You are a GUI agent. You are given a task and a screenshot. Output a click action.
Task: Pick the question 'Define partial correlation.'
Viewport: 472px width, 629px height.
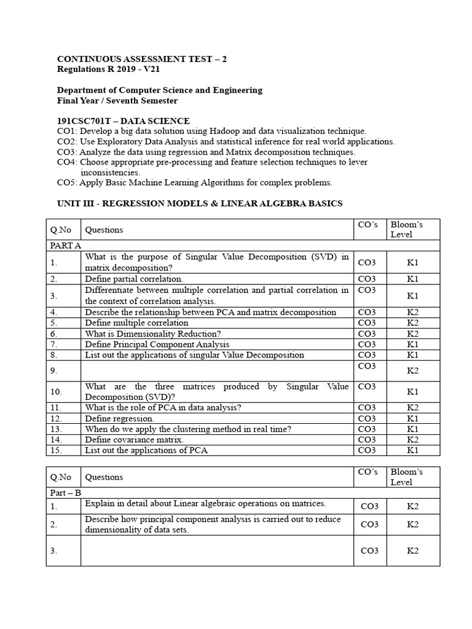134,279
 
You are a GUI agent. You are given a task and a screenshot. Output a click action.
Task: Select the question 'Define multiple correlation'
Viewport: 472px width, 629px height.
136,322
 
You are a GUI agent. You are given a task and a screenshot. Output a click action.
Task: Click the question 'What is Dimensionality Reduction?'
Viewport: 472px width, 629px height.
152,334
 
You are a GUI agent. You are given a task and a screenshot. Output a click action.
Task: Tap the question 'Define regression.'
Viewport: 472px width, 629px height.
119,418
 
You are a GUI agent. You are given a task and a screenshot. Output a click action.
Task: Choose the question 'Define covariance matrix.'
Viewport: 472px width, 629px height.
135,439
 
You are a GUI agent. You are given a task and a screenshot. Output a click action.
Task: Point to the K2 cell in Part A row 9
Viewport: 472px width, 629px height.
412,370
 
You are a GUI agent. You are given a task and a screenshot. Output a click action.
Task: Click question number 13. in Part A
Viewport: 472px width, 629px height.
57,429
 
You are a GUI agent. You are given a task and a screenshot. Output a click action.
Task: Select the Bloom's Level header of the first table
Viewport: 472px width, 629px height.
406,229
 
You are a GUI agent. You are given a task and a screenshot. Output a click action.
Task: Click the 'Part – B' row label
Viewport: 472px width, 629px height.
65,493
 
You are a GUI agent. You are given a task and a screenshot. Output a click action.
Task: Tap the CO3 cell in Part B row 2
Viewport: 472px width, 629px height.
369,524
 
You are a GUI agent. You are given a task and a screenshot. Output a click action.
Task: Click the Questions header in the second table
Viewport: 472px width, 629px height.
104,477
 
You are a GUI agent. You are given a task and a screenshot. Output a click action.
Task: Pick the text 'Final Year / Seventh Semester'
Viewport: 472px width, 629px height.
117,100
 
